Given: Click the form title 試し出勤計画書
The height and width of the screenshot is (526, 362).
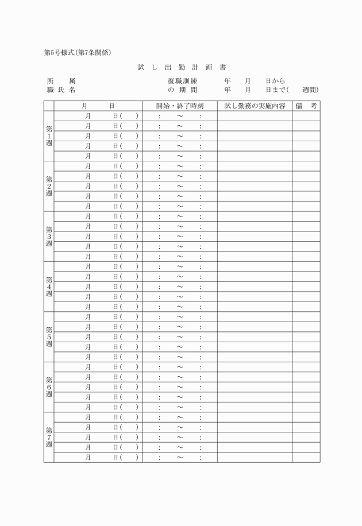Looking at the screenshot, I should (181, 68).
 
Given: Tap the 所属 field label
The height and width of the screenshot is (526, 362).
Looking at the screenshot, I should (61, 82).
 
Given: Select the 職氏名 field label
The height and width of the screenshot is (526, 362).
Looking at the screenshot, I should (61, 90).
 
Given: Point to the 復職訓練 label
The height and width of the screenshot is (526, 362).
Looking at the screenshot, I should (183, 82).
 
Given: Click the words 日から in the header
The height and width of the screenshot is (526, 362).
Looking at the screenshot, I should (275, 82).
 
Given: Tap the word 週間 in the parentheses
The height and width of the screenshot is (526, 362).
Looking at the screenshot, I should (310, 90).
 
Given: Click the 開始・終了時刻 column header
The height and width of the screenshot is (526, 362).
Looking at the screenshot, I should (180, 106).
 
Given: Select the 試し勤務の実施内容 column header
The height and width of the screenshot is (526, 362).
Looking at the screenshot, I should (255, 106).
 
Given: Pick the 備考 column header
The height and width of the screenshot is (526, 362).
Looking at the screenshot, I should (306, 106).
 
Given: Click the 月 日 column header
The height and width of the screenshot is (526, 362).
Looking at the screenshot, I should (98, 106).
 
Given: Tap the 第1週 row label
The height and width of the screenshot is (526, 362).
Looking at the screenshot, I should (49, 136).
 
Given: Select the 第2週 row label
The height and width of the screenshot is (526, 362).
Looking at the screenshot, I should (49, 186).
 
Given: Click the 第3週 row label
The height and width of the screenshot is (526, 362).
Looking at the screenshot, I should (49, 236).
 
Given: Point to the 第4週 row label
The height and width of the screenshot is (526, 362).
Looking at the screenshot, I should (49, 286).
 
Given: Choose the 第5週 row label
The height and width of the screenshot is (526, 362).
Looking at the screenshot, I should (49, 337).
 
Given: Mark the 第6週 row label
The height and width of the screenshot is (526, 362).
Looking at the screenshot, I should (49, 386).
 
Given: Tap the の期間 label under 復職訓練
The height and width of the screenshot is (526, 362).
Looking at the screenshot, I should (183, 90).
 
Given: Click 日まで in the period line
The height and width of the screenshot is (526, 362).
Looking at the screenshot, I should (275, 90).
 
